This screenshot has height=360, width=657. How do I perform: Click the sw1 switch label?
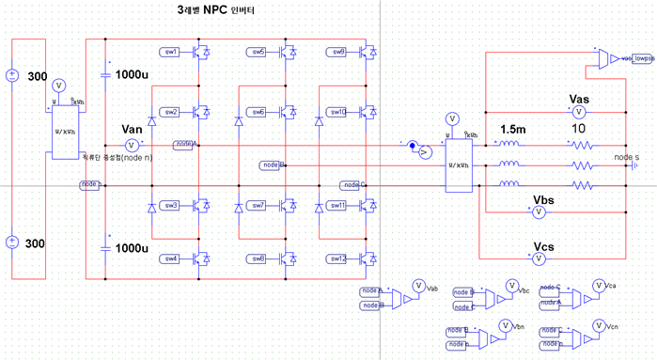(170, 51)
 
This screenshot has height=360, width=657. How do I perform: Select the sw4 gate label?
(170, 258)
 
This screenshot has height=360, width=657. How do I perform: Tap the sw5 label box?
(258, 51)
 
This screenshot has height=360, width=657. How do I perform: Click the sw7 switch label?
(258, 205)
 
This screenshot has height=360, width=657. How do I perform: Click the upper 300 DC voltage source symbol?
(11, 75)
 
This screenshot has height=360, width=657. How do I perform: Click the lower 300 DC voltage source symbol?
(11, 242)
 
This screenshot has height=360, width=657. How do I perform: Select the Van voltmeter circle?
(133, 145)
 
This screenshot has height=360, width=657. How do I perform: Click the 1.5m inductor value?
(512, 129)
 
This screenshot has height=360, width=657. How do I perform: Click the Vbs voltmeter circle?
(540, 213)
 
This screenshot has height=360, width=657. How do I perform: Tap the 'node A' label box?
(185, 144)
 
